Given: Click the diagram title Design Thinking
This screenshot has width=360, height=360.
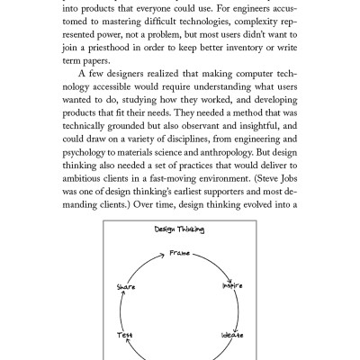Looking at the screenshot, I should point(179,231).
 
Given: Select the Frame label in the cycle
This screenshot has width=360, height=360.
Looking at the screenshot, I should point(181,255).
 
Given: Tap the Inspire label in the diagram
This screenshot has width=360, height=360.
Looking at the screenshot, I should point(232,286).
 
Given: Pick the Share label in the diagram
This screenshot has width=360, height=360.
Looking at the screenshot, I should point(126,286).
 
